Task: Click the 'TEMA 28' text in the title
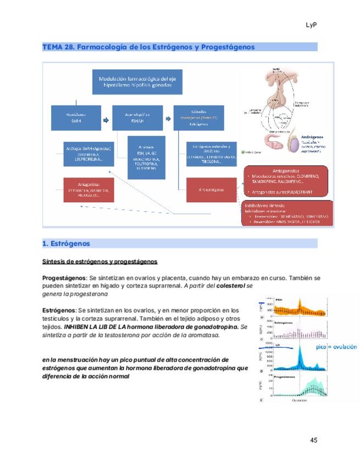pos(58,47)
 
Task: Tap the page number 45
pos(314,440)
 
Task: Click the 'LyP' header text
pos(312,25)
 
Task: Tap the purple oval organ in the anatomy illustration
pos(296,145)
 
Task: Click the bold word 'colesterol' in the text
pos(231,286)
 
